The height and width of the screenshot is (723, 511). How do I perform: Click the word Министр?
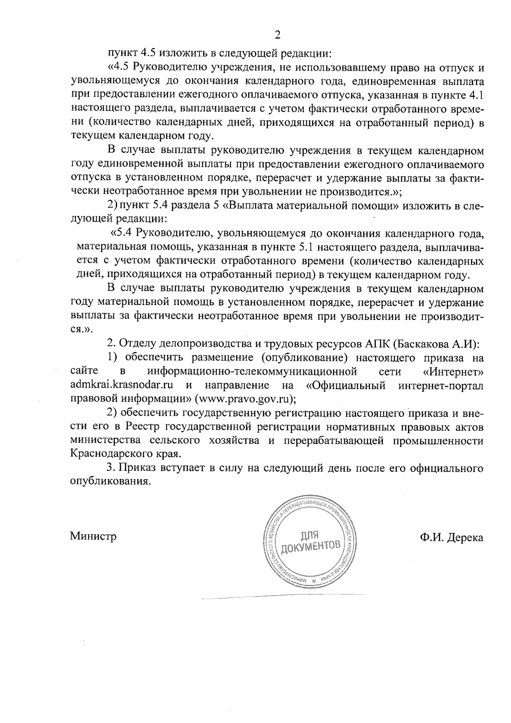click(93, 536)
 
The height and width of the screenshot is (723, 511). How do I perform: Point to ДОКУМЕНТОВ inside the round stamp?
click(311, 547)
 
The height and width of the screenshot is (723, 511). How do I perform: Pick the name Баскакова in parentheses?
click(422, 343)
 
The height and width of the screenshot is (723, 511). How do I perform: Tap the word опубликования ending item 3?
click(111, 482)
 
